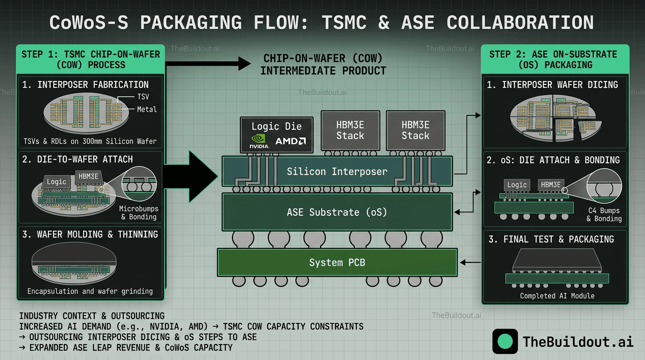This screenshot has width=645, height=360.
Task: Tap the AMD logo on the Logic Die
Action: (291, 141)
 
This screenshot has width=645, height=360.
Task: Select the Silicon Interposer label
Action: (337, 172)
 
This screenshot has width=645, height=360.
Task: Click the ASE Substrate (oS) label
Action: (337, 212)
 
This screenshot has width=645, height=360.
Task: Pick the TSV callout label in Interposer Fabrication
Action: (143, 97)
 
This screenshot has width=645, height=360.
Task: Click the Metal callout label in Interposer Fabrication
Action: (147, 109)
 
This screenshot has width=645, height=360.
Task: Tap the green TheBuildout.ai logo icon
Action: (505, 341)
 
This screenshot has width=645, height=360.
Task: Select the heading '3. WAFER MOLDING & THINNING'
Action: (90, 234)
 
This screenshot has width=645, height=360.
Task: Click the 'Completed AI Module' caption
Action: (557, 296)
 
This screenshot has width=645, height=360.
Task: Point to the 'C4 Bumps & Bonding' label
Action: (604, 215)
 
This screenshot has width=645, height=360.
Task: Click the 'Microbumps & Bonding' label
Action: (139, 213)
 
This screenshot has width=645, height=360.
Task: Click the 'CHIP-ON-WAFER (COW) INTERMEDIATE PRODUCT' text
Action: (323, 65)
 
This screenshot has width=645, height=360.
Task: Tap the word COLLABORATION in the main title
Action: (520, 22)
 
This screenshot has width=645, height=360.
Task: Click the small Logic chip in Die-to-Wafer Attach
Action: (57, 181)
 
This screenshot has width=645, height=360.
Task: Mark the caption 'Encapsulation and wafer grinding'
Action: (90, 291)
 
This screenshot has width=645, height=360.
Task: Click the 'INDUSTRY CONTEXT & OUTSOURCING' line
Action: (92, 316)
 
